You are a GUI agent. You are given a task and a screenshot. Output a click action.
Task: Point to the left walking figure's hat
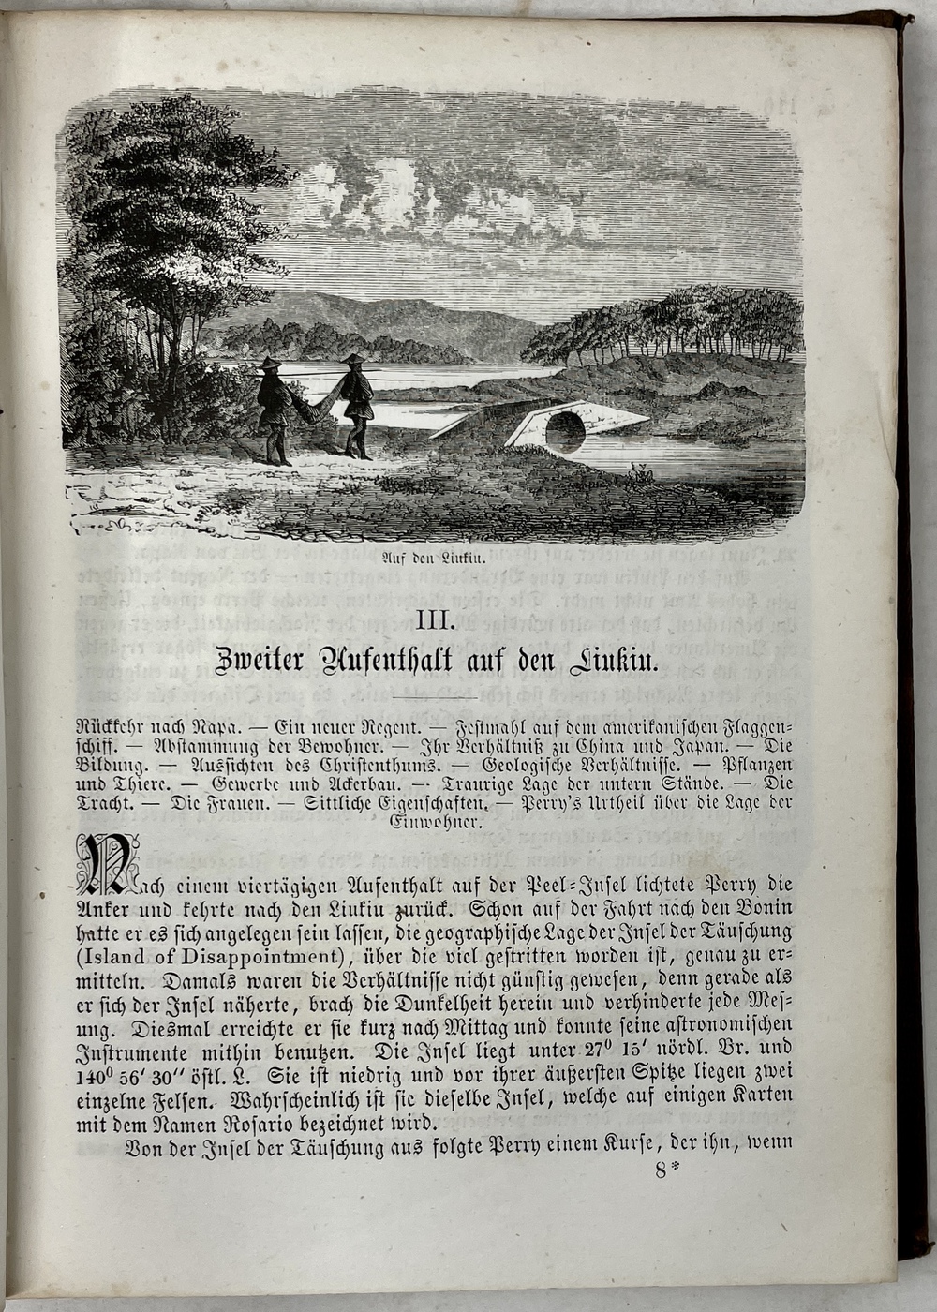271,364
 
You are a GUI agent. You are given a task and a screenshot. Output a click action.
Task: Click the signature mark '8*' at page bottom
664,1170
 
